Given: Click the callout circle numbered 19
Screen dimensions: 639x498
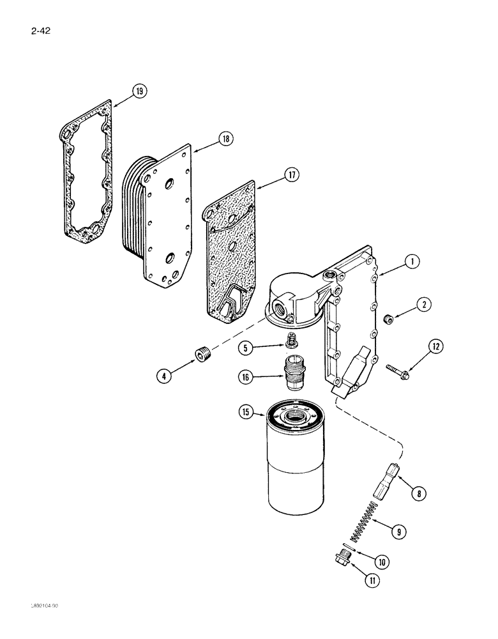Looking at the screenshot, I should coord(139,91).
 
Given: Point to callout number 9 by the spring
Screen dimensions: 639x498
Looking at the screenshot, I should coord(418,530).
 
